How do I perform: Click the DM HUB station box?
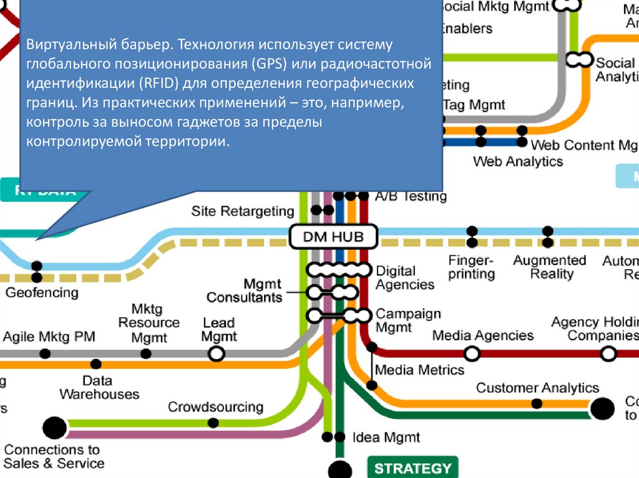(x=334, y=237)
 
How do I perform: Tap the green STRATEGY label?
(x=413, y=468)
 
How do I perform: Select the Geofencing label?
(x=42, y=292)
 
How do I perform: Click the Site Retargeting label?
(x=243, y=211)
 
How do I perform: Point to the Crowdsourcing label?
(x=215, y=407)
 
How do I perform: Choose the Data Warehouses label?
(x=99, y=388)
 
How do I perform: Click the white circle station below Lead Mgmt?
(x=216, y=353)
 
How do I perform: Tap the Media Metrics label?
(x=420, y=370)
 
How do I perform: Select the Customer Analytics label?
(x=537, y=388)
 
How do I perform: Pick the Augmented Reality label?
(x=550, y=267)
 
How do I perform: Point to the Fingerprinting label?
(x=471, y=267)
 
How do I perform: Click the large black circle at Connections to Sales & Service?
(x=54, y=428)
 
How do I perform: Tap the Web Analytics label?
(x=518, y=161)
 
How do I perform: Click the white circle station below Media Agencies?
(x=472, y=353)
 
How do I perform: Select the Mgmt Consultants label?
(x=245, y=290)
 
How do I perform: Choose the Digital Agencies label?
(x=405, y=278)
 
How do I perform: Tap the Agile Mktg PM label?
(x=49, y=337)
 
